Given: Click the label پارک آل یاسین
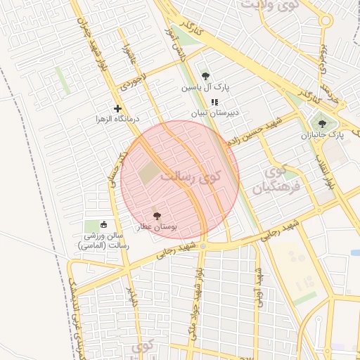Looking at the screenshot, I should pyautogui.click(x=205, y=87).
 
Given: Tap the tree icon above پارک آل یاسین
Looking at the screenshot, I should pyautogui.click(x=205, y=76).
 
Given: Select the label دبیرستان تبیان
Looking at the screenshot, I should pyautogui.click(x=215, y=112).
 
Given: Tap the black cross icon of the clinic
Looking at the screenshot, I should pyautogui.click(x=117, y=108).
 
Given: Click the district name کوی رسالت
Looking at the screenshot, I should pyautogui.click(x=189, y=176).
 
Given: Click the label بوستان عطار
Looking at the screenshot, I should pyautogui.click(x=156, y=228).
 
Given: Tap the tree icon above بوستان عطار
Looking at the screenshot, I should pyautogui.click(x=156, y=217).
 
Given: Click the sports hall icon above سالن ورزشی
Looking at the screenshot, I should pyautogui.click(x=104, y=225).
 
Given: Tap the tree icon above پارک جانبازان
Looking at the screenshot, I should pyautogui.click(x=322, y=124).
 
